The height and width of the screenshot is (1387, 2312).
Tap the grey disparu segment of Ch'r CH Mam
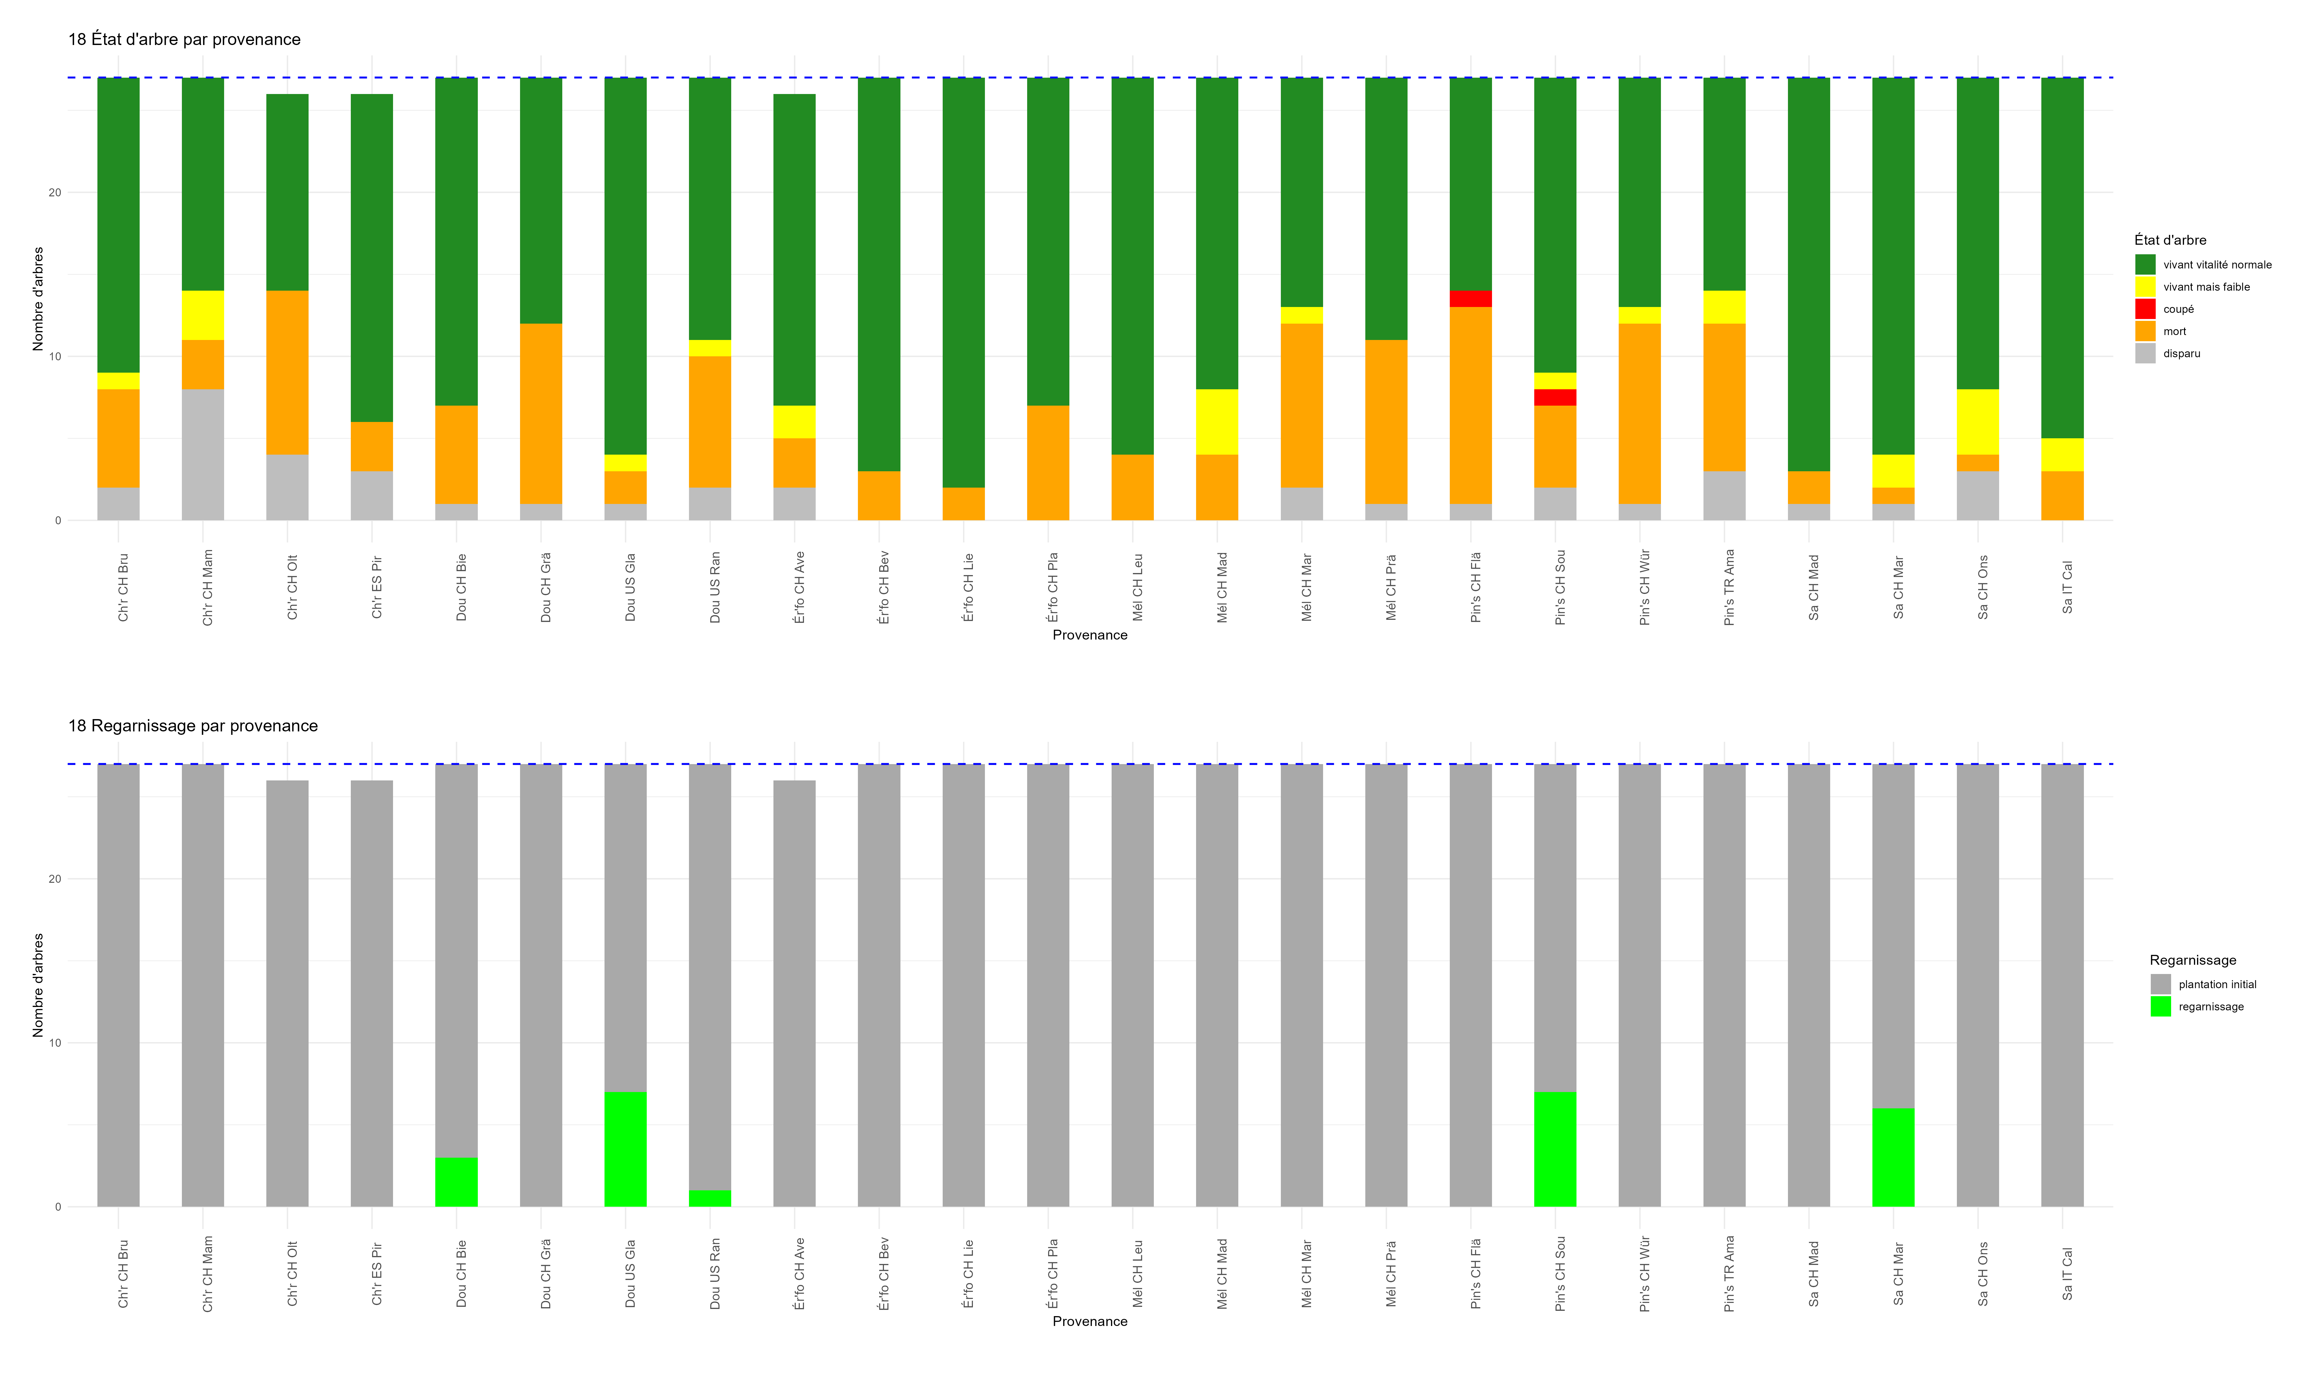coord(203,454)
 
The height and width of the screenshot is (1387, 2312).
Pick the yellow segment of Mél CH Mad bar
coord(1217,422)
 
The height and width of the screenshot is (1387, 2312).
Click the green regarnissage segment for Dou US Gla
coord(625,1149)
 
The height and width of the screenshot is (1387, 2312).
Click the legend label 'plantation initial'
coord(2217,984)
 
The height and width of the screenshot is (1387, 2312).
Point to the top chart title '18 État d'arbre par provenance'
coord(184,39)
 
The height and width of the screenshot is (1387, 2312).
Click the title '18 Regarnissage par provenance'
coord(192,726)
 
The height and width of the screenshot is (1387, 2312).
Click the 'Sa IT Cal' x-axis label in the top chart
coord(2067,587)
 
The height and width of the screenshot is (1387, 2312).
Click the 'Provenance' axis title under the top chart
coord(1090,635)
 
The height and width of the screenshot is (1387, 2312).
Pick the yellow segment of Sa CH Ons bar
coord(1978,422)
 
